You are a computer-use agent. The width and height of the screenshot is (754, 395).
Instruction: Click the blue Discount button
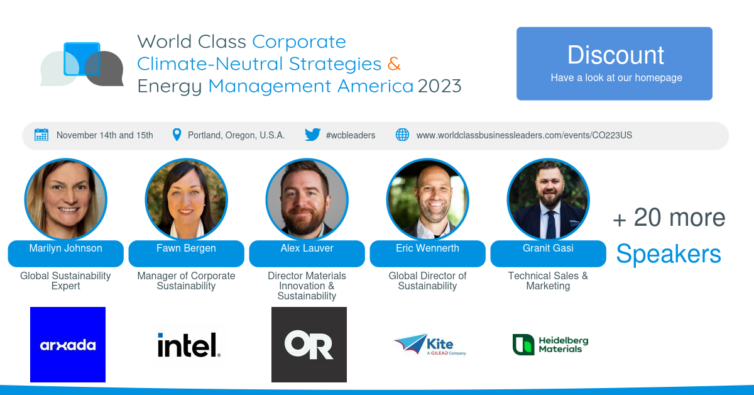point(615,64)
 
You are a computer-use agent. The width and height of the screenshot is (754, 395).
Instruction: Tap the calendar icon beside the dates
point(41,135)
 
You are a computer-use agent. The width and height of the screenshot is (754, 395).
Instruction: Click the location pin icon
point(177,135)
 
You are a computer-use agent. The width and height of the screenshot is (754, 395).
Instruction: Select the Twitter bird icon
point(312,135)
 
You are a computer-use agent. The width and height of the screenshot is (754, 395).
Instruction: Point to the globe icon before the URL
point(402,135)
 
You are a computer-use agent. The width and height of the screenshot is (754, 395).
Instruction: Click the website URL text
point(524,135)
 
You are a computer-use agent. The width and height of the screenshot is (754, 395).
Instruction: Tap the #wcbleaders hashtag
point(351,135)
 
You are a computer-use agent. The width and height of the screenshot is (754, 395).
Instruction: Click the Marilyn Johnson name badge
point(65,253)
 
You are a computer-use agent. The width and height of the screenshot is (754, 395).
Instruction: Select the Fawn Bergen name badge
point(186,253)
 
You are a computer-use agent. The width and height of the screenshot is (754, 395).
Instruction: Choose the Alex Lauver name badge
point(307,253)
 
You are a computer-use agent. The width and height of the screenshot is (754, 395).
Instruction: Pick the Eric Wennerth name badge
point(427,253)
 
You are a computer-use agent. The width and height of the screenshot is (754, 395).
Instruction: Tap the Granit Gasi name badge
point(548,253)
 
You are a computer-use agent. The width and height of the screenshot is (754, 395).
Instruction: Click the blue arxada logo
point(68,345)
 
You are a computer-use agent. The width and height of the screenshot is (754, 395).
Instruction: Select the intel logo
point(189,345)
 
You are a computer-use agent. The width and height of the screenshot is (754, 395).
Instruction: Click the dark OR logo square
point(309,345)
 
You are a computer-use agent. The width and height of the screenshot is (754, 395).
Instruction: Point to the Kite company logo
point(430,345)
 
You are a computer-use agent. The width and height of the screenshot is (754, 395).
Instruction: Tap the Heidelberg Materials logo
point(550,345)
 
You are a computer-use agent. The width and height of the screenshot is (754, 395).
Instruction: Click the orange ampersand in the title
point(394,64)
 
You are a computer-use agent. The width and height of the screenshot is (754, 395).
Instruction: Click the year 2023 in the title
point(439,86)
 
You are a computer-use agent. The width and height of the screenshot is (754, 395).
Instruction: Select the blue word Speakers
point(669,253)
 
